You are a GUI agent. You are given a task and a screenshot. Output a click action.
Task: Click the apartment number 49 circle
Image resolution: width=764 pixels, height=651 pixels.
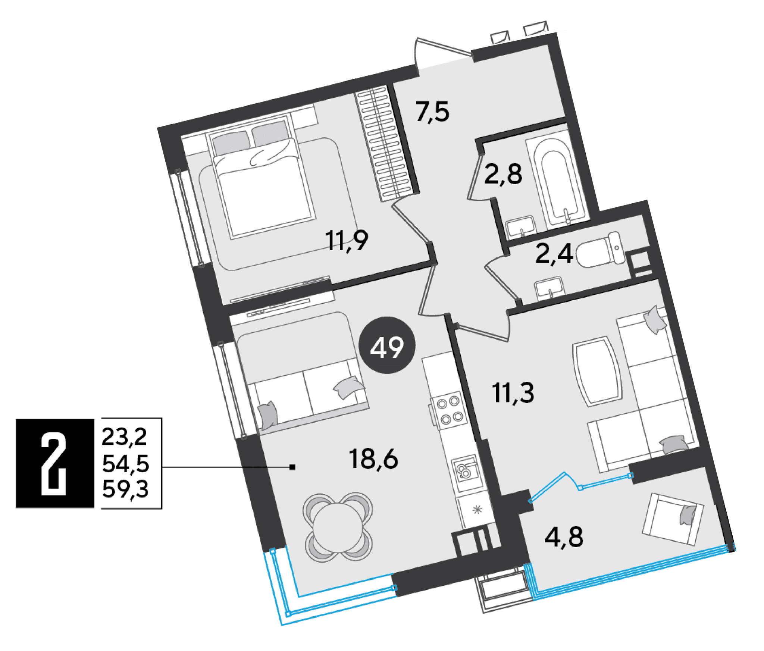387,345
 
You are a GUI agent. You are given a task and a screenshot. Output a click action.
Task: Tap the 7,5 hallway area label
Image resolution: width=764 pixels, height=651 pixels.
433,112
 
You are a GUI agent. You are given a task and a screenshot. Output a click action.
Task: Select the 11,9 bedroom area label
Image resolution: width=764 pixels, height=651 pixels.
347,241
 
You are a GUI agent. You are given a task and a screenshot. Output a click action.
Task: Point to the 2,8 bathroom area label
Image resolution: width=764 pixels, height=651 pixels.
503,174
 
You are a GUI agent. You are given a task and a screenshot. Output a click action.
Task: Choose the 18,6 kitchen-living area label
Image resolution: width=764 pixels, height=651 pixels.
374,459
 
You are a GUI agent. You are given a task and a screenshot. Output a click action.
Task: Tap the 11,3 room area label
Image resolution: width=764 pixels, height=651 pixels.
513,393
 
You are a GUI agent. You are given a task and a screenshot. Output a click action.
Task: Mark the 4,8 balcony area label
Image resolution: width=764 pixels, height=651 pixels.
564,537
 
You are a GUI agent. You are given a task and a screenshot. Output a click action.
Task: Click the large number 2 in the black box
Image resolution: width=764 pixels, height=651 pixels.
54,464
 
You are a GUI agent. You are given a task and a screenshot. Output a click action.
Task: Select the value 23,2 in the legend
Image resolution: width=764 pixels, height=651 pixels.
124,437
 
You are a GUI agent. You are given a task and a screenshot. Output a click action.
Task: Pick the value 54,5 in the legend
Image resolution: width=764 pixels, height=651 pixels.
125,464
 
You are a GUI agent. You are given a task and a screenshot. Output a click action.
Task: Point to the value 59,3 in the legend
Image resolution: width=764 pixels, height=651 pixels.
125,489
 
